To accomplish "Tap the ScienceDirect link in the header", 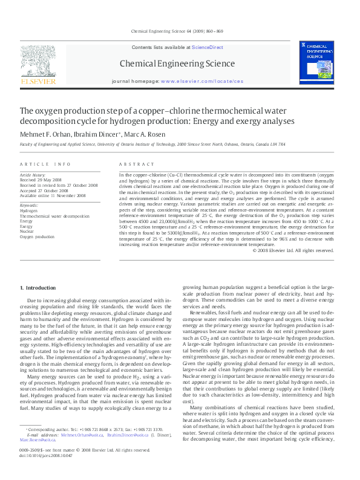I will (208, 47).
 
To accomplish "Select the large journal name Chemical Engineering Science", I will (177, 63).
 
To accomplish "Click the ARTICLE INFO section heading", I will (45, 164).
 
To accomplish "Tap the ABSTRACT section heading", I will (134, 164).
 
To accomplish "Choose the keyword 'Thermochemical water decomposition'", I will (54, 215).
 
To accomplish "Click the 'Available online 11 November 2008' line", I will (53, 195).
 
